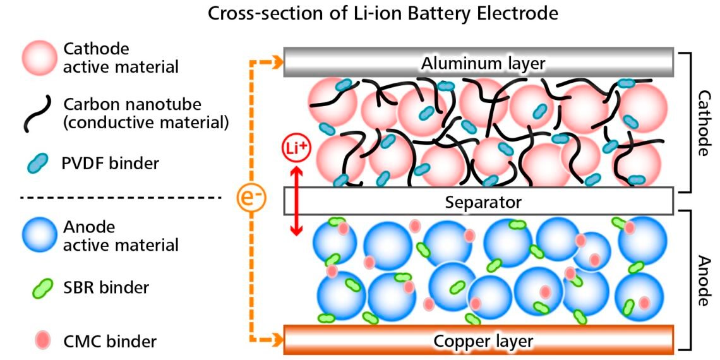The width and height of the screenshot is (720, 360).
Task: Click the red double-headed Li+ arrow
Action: (x=294, y=201)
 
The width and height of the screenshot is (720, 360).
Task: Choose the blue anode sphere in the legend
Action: (x=40, y=236)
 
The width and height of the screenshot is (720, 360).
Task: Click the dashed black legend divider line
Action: (x=120, y=198)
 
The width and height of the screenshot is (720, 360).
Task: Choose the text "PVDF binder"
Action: (x=111, y=164)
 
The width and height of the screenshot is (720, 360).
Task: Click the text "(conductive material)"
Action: (x=146, y=123)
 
